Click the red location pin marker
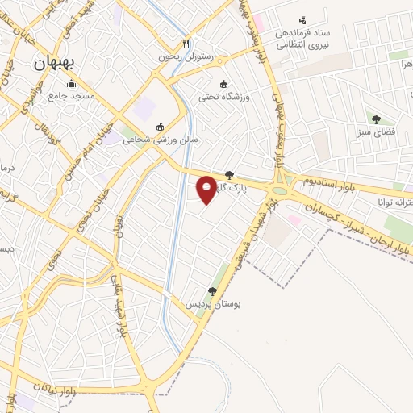point(207,190)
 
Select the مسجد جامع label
point(71,96)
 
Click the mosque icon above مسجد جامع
point(71,83)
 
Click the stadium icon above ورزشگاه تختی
point(224,84)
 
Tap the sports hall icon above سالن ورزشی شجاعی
point(160,126)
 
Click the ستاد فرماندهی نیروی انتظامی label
point(302,40)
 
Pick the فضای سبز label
point(376,131)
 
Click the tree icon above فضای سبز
point(376,119)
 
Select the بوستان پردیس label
point(211,304)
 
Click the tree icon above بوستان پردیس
point(212,291)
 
